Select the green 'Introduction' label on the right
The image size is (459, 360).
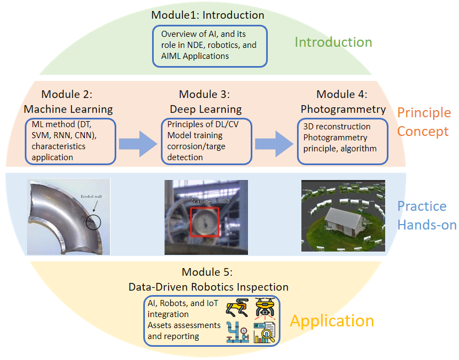[333, 42]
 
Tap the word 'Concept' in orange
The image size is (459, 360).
[423, 132]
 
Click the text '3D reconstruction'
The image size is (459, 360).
[337, 127]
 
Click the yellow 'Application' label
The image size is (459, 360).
[332, 321]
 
